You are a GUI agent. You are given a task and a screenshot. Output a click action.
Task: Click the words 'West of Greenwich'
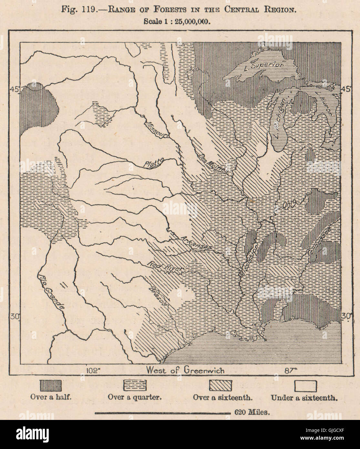(185, 370)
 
